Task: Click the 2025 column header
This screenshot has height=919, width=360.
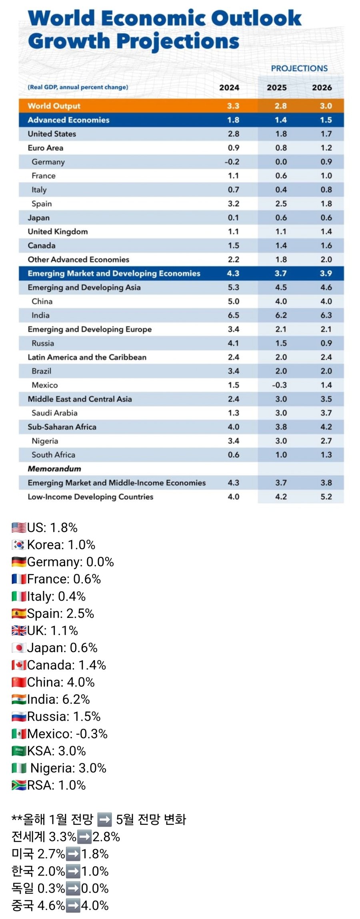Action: pyautogui.click(x=277, y=88)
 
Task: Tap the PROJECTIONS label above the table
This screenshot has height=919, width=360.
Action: pyautogui.click(x=299, y=68)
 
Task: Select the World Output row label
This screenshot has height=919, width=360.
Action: pyautogui.click(x=54, y=106)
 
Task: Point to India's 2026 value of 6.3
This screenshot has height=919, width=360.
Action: pyautogui.click(x=326, y=315)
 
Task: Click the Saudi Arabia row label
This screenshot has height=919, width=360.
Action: pyautogui.click(x=54, y=413)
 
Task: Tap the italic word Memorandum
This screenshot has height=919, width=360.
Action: pyautogui.click(x=54, y=469)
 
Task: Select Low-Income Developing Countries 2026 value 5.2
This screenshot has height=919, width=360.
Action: pyautogui.click(x=326, y=497)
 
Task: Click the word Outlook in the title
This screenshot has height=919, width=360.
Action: pyautogui.click(x=256, y=18)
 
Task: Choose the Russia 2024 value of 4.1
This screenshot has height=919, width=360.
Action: pyautogui.click(x=234, y=343)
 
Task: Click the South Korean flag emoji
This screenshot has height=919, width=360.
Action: pyautogui.click(x=19, y=545)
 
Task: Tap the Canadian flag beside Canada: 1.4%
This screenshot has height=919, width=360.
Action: pyautogui.click(x=19, y=665)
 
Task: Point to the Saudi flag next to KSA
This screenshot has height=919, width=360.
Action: pyautogui.click(x=19, y=751)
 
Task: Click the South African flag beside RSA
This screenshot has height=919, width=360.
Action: pyautogui.click(x=19, y=785)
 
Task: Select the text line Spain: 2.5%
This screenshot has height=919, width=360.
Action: pyautogui.click(x=60, y=614)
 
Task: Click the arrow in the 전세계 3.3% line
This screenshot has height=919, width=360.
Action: pyautogui.click(x=84, y=837)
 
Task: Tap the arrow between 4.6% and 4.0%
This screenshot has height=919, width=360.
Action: pyautogui.click(x=73, y=906)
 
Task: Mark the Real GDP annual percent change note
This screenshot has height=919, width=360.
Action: pyautogui.click(x=78, y=87)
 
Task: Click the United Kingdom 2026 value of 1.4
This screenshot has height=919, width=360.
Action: pyautogui.click(x=326, y=232)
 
